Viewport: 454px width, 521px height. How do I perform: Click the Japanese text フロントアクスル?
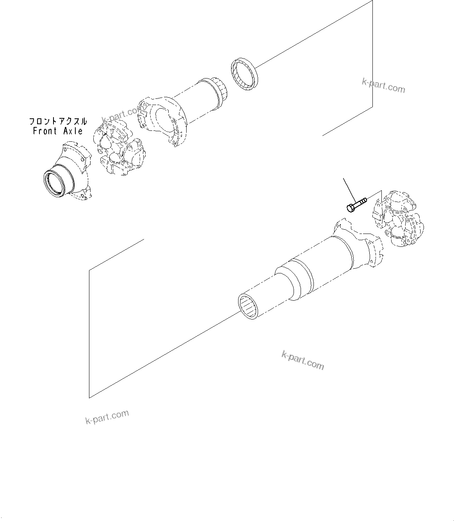pyautogui.click(x=58, y=121)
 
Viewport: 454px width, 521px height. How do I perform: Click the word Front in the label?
pyautogui.click(x=45, y=131)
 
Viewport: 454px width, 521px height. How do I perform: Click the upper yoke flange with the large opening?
pyautogui.click(x=162, y=121)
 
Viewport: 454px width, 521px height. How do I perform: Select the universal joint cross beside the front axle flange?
pyautogui.click(x=118, y=150)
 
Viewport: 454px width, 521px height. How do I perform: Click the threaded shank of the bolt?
pyautogui.click(x=361, y=202)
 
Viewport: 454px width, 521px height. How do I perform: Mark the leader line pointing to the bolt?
pyautogui.click(x=349, y=189)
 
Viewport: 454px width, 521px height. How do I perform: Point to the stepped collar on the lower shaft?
pyautogui.click(x=295, y=279)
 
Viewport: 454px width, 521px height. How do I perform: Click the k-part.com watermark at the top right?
pyautogui.click(x=383, y=86)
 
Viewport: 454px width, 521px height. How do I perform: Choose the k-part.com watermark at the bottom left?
pyautogui.click(x=107, y=417)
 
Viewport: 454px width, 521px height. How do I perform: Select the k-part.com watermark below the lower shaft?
pyautogui.click(x=303, y=360)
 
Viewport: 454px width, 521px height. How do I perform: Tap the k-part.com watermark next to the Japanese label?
pyautogui.click(x=121, y=114)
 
